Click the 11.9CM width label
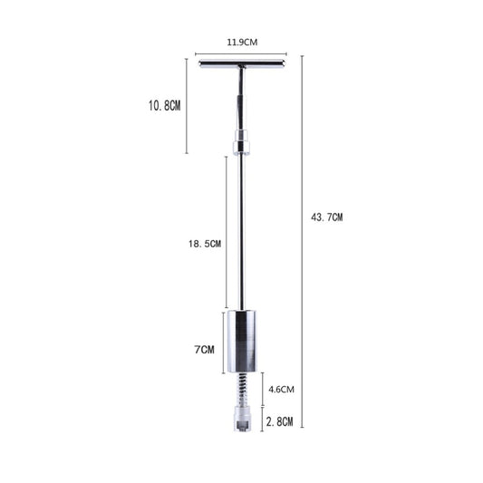pos(241,42)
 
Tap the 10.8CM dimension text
pos(165,105)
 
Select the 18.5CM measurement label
pos(204,244)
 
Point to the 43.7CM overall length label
pos(327,217)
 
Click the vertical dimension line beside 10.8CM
pos(186,105)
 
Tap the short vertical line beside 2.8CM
pos(263,419)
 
